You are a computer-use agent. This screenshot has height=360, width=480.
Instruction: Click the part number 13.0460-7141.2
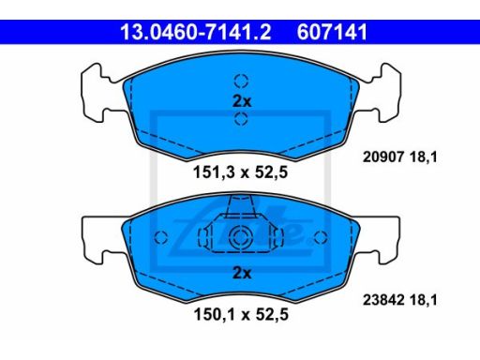196,32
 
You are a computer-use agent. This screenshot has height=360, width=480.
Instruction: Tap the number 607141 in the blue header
332,32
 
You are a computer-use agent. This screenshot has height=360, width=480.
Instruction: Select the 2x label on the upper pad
242,101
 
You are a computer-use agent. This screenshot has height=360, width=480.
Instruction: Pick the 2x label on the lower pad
242,273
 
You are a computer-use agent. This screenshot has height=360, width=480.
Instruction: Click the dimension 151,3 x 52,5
240,172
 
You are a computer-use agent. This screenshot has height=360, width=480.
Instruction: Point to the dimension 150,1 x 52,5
241,314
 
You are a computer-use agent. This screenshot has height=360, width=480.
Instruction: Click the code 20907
383,157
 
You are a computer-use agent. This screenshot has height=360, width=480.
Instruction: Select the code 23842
383,300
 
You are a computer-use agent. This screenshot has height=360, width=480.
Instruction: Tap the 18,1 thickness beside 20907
423,157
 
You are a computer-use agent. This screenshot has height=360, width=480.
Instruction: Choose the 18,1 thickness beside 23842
423,300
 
